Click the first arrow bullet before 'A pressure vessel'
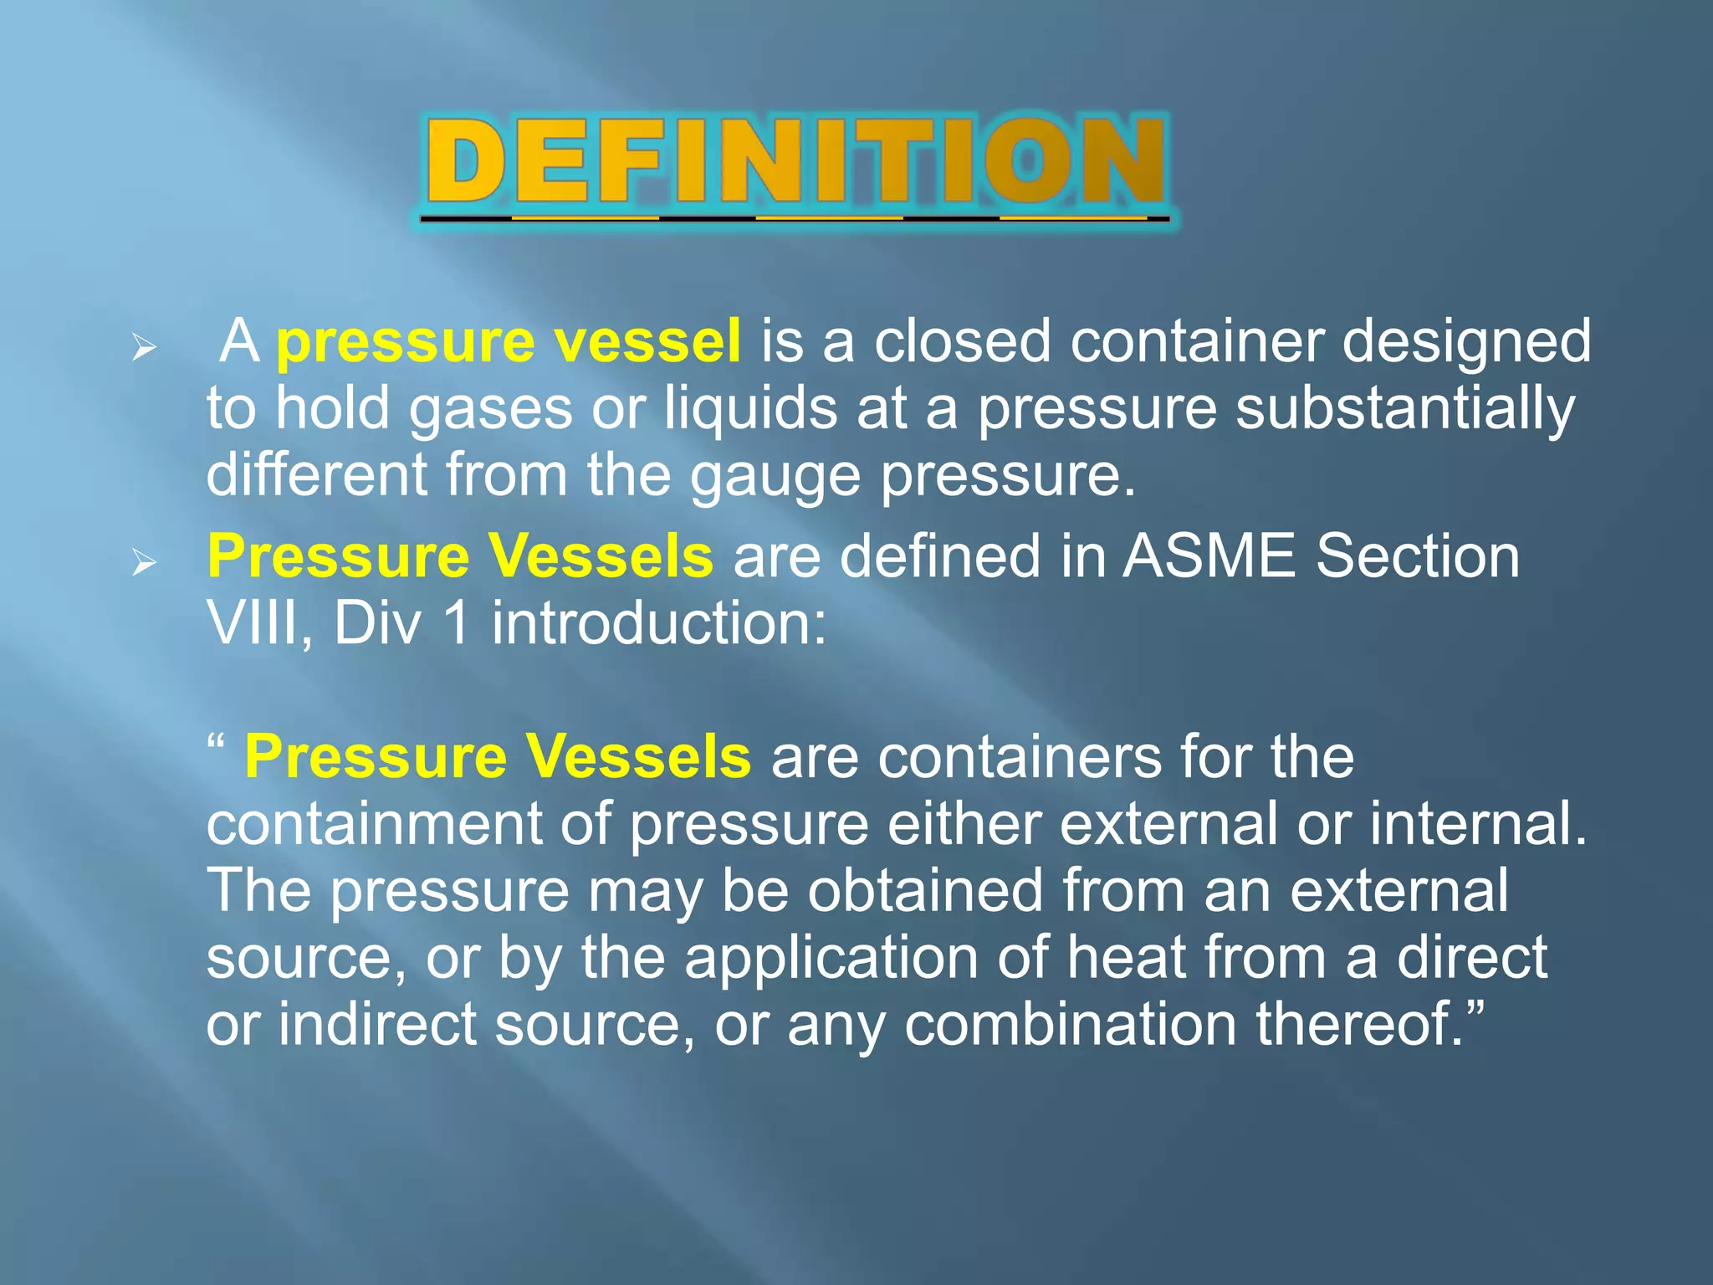pos(145,347)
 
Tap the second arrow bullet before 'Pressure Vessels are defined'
pos(145,563)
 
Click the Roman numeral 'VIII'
pos(253,623)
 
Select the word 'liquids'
pos(750,410)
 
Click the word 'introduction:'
pos(658,623)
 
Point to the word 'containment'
pos(374,824)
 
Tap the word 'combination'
pos(1070,1024)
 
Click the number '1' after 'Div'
pos(457,623)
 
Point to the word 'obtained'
pos(924,890)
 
